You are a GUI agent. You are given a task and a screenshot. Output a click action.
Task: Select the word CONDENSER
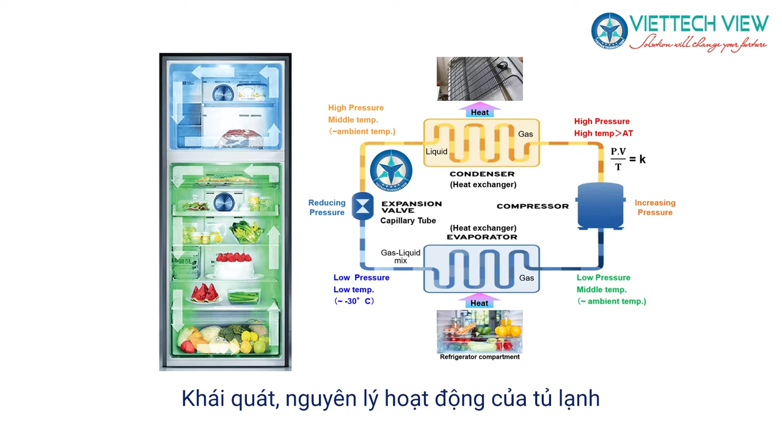(x=482, y=174)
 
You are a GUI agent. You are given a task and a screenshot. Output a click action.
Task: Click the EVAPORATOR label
(x=482, y=237)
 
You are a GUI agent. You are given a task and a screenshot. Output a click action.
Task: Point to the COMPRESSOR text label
(x=532, y=206)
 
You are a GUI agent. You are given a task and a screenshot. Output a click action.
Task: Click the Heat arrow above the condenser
(x=480, y=111)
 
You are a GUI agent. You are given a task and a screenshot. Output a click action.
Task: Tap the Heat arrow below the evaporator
(x=480, y=301)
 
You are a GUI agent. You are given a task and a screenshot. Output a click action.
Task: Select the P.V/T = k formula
(x=627, y=159)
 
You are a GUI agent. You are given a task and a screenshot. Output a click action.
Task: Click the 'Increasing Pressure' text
(x=655, y=208)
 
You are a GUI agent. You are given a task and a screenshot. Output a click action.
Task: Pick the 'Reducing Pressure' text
(x=327, y=208)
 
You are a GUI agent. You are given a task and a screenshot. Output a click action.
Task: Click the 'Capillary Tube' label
(x=408, y=221)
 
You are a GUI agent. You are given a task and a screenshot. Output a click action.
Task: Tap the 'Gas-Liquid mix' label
(x=400, y=257)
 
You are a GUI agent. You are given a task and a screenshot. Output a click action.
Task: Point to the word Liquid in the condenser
(x=436, y=152)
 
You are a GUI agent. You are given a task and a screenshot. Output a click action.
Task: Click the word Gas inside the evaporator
(x=526, y=278)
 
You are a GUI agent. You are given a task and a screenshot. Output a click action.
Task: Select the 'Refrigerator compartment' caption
(x=480, y=357)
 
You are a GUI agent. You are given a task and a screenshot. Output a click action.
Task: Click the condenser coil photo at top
(x=480, y=79)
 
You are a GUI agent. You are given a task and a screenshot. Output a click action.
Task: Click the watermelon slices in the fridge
(x=205, y=294)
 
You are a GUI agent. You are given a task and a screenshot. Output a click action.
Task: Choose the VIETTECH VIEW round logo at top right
(x=609, y=31)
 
